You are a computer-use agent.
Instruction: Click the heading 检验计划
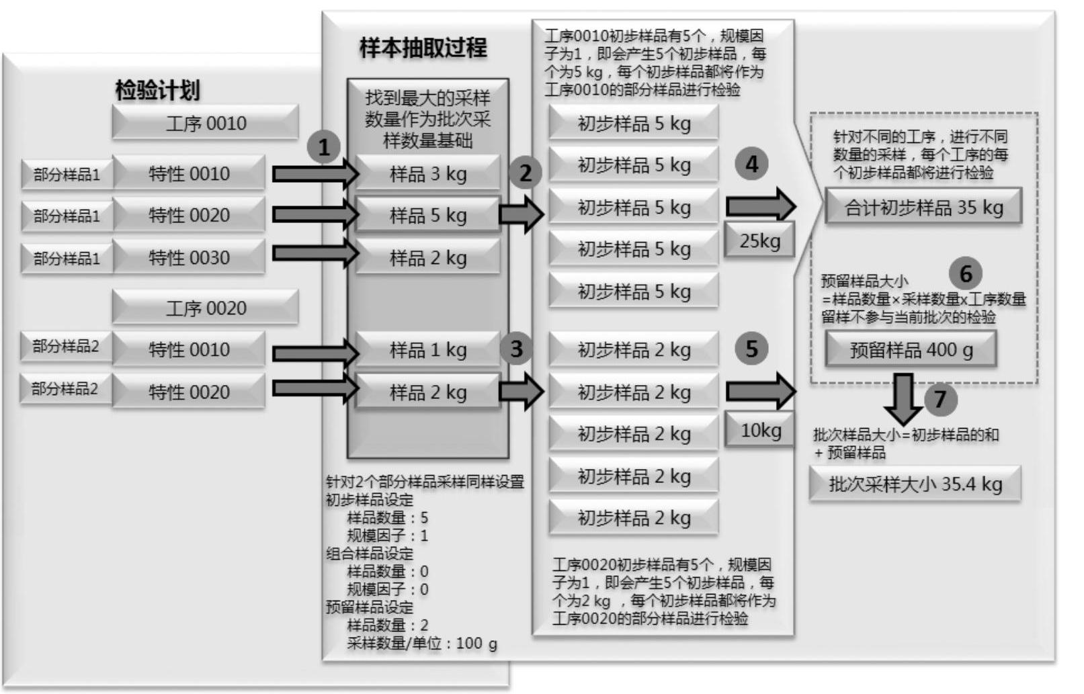[157, 90]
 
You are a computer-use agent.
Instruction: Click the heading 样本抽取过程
[423, 48]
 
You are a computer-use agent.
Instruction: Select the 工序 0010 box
[206, 123]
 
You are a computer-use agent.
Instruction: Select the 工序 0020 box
[206, 308]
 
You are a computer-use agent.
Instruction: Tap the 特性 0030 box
[189, 257]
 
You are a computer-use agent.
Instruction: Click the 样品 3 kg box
[427, 173]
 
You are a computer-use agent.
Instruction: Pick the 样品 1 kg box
[427, 349]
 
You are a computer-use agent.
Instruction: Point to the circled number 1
[324, 146]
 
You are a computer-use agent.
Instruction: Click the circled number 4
[751, 164]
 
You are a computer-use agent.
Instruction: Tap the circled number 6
[965, 273]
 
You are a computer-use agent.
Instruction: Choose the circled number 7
[940, 399]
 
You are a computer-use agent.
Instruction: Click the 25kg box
[759, 241]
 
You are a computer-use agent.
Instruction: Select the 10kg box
[760, 430]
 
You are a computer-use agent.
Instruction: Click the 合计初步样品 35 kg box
[923, 208]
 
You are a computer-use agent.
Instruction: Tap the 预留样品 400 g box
[911, 350]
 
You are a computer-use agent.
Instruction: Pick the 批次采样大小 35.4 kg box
[915, 484]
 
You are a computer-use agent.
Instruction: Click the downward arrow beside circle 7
[903, 398]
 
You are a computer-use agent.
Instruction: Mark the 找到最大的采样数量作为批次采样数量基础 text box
[427, 119]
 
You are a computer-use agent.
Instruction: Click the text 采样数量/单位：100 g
[422, 644]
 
